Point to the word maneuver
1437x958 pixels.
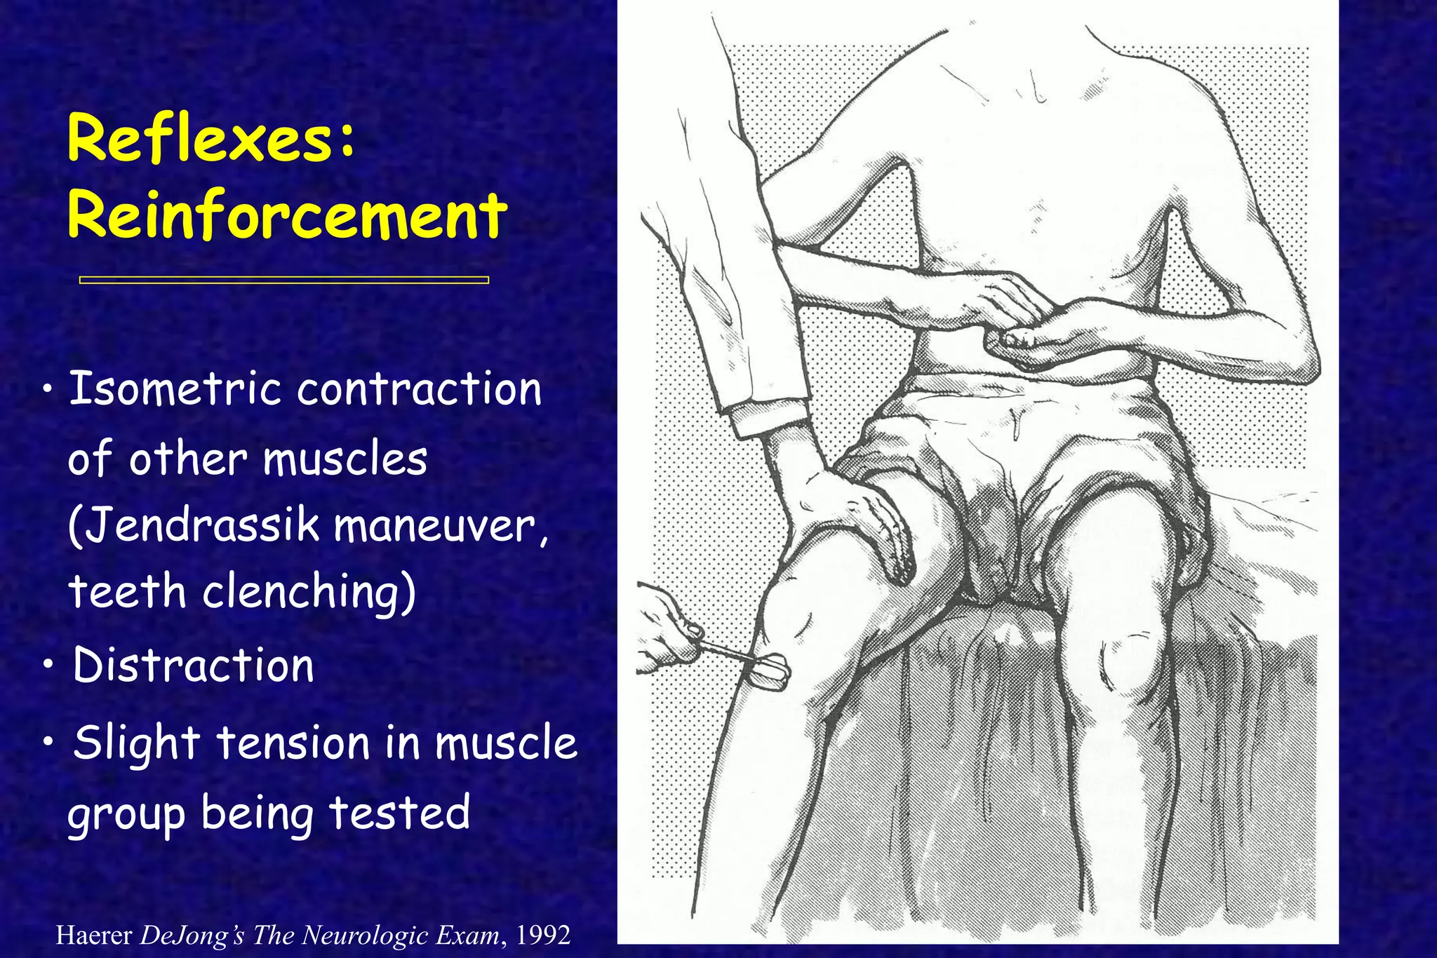[438, 525]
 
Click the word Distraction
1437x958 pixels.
[194, 665]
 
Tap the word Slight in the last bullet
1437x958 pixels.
[138, 743]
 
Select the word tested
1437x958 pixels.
[399, 814]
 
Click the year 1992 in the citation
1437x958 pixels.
[542, 935]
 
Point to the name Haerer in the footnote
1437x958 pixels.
[93, 935]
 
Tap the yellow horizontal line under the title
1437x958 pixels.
[283, 280]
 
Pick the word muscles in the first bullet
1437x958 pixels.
[345, 459]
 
